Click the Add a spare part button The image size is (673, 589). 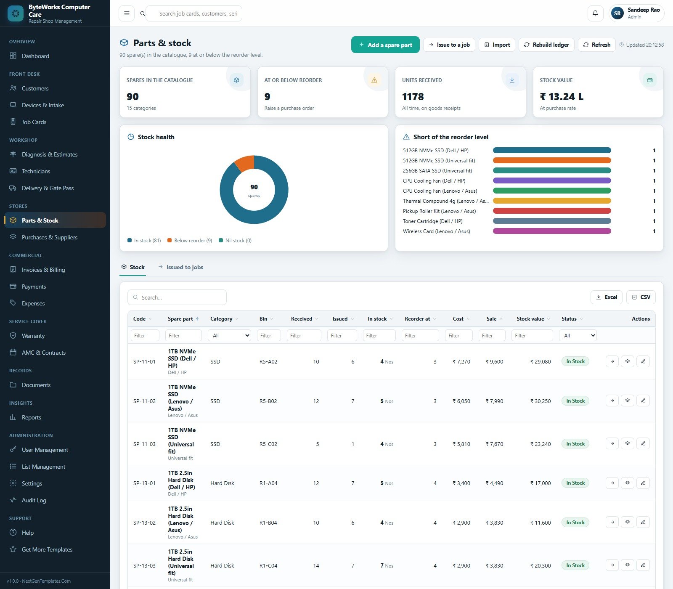pyautogui.click(x=385, y=45)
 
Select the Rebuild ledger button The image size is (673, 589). pyautogui.click(x=546, y=45)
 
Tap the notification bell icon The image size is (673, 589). pyautogui.click(x=595, y=13)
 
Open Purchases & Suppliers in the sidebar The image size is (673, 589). pyautogui.click(x=50, y=237)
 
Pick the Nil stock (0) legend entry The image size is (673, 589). pyautogui.click(x=235, y=241)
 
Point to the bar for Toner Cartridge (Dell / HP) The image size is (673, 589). pyautogui.click(x=552, y=221)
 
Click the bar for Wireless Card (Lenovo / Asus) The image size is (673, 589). pyautogui.click(x=552, y=231)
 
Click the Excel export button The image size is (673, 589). pyautogui.click(x=606, y=297)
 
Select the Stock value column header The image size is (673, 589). pyautogui.click(x=530, y=319)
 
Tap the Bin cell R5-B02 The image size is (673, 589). pyautogui.click(x=268, y=401)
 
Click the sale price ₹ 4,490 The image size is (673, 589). pyautogui.click(x=494, y=483)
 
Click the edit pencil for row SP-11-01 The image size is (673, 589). pyautogui.click(x=643, y=361)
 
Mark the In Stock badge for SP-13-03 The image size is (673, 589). pyautogui.click(x=575, y=565)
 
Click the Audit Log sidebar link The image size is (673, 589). pyautogui.click(x=34, y=500)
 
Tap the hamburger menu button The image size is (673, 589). pyautogui.click(x=127, y=13)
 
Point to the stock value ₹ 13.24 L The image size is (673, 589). pyautogui.click(x=562, y=97)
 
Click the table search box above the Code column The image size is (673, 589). pyautogui.click(x=177, y=297)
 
